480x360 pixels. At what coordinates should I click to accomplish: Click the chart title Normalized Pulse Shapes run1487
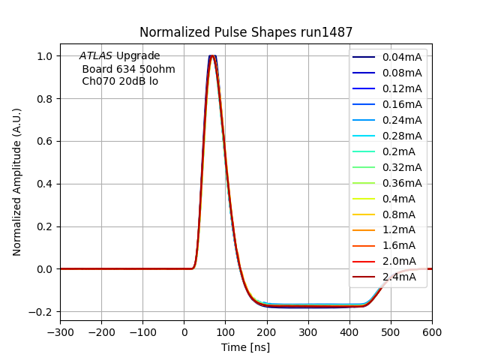pyautogui.click(x=246, y=32)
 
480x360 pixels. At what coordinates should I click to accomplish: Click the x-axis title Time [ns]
pyautogui.click(x=245, y=347)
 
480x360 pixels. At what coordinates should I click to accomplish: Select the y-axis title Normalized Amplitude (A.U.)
pyautogui.click(x=17, y=182)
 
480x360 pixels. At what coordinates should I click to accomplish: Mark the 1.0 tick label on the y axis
pyautogui.click(x=45, y=56)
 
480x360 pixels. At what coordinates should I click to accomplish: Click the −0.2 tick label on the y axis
pyautogui.click(x=41, y=311)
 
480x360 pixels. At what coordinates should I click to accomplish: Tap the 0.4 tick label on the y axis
pyautogui.click(x=45, y=184)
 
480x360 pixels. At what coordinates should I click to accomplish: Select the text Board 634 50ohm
pyautogui.click(x=128, y=69)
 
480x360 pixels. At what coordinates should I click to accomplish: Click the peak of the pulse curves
pyautogui.click(x=213, y=56)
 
